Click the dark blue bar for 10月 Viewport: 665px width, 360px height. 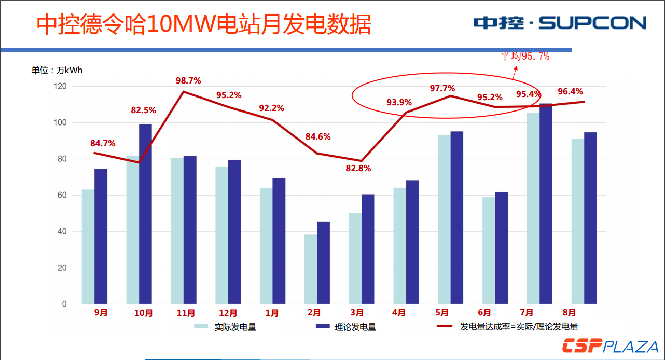145,214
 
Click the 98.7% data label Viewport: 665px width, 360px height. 188,81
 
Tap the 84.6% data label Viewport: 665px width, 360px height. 318,137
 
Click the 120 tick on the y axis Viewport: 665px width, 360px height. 61,86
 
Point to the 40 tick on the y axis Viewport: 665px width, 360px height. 62,231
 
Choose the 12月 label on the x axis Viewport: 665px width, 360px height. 228,313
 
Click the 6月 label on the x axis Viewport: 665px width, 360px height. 484,313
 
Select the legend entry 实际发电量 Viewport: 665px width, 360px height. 225,327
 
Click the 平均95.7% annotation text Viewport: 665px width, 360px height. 524,56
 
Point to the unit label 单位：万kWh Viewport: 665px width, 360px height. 57,71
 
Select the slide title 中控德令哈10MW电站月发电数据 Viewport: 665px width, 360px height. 204,24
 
